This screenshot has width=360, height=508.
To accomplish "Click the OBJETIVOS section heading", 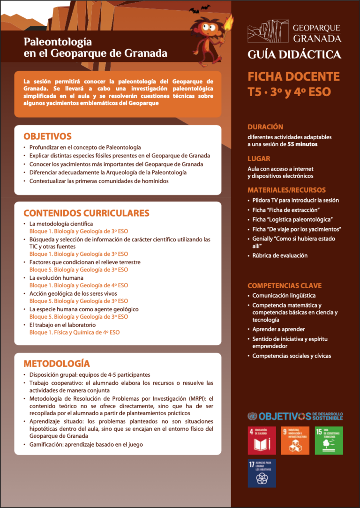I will (x=47, y=136).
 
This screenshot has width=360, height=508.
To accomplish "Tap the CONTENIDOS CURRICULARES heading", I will (x=86, y=213).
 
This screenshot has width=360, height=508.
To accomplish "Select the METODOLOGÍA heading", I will (x=57, y=363).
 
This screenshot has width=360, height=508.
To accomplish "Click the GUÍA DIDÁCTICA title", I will (x=294, y=55).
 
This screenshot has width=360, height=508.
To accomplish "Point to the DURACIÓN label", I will (x=265, y=127).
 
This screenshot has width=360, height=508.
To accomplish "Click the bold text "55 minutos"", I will (x=302, y=144).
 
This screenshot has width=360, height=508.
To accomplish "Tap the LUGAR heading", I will (x=259, y=159).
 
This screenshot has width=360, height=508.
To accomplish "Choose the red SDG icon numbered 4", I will (x=262, y=441).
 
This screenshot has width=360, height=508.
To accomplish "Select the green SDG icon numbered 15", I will (x=329, y=441).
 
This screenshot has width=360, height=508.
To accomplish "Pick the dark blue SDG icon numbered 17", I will (x=262, y=473).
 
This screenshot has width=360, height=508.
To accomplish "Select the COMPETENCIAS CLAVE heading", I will (x=285, y=285).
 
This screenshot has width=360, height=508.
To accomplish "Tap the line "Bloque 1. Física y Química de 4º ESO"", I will (x=75, y=333).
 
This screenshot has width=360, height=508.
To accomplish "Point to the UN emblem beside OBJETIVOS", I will (x=252, y=416).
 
